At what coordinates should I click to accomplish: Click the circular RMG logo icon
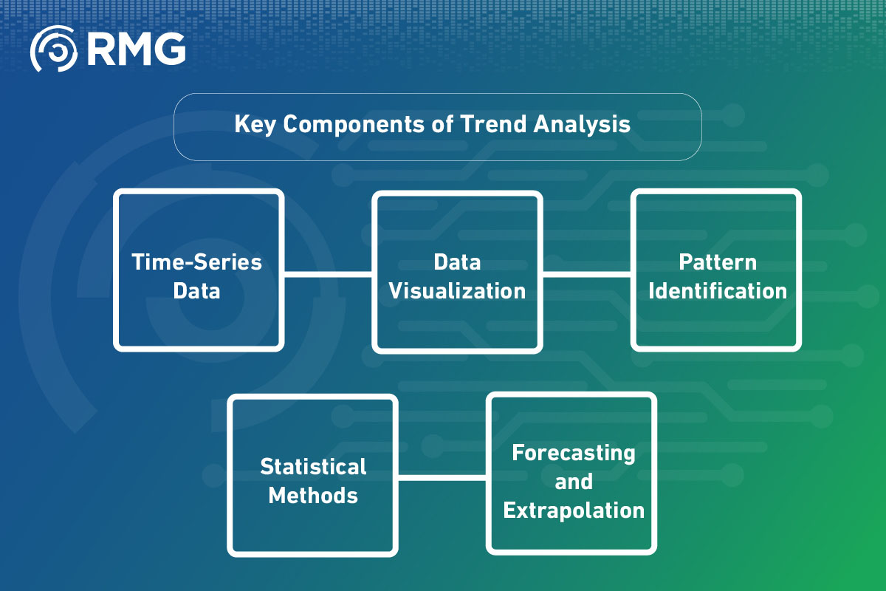point(53,49)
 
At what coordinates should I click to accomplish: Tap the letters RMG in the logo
point(136,49)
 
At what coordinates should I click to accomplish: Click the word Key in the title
point(255,125)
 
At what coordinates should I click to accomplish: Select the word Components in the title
point(354,125)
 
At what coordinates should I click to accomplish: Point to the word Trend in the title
point(493,124)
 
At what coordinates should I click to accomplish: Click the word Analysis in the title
point(582,125)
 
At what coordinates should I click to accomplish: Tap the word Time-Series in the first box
point(196,262)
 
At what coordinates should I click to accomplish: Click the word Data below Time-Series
point(196,291)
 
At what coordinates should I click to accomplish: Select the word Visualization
point(457,291)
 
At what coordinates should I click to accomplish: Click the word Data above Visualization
point(457,262)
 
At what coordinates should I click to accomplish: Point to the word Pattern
point(718,262)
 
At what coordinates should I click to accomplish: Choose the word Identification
point(718,291)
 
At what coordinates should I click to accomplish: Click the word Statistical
point(313,467)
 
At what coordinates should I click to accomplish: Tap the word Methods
point(313,496)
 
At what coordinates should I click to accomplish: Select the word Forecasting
point(574,453)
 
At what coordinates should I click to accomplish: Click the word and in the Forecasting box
point(574,482)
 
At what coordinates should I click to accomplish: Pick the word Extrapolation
point(574,510)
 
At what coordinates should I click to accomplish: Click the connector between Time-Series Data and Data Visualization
point(328,274)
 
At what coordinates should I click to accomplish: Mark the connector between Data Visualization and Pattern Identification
point(586,274)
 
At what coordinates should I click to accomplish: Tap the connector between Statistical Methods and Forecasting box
point(442,478)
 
